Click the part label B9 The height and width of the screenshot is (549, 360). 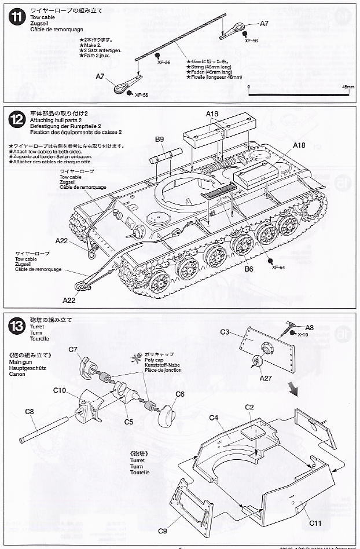point(160,139)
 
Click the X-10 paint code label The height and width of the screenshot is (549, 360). point(303,334)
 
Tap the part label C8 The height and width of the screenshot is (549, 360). point(30,411)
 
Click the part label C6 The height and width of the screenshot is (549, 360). point(179,394)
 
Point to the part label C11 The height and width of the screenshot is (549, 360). point(315,524)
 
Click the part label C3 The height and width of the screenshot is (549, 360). point(225,331)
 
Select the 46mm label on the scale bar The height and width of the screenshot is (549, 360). point(347,86)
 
